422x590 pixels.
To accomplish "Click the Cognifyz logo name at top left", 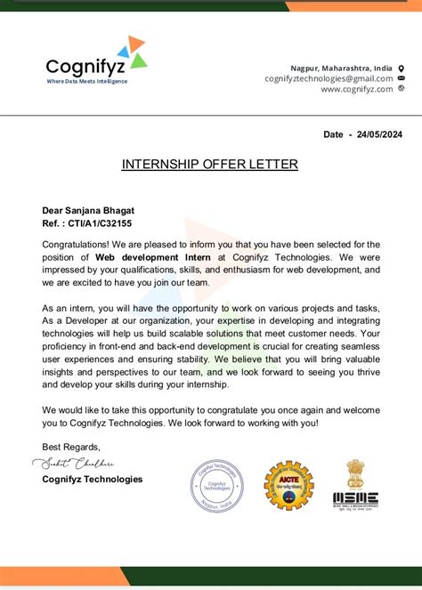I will point(87,67).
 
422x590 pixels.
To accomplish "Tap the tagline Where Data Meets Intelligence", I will point(87,82).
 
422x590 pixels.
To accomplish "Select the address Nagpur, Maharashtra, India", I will point(341,68).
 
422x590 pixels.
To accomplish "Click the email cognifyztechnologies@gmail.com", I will point(329,78).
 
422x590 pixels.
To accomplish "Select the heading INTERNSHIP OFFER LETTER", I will point(210,164).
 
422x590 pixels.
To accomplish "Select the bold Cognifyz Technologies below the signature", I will point(92,479).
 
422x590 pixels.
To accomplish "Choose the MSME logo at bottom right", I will point(355,499).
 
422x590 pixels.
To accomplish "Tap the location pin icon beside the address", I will point(401,68).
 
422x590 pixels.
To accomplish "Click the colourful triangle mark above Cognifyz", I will point(132,51).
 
